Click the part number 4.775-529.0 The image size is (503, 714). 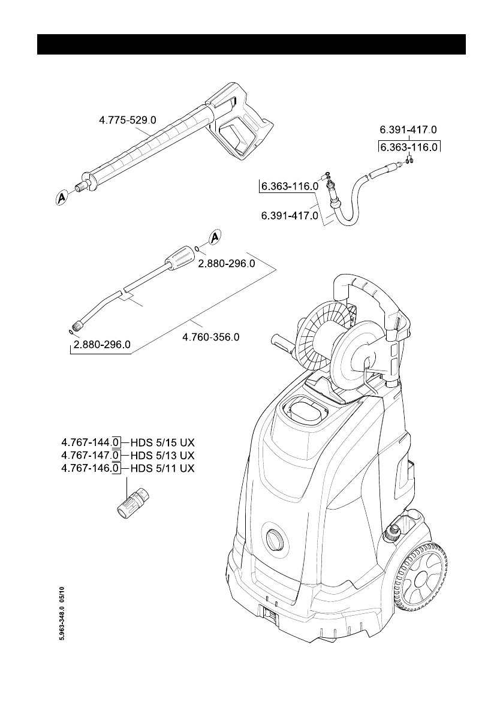[x=128, y=120]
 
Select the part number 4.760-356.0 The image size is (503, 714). [x=211, y=338]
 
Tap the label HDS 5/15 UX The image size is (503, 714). [x=162, y=442]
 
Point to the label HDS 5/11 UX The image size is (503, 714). [x=162, y=468]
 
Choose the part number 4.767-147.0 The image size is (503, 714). [x=90, y=456]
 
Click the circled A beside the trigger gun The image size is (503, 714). [x=62, y=198]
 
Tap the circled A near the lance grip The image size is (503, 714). [x=215, y=237]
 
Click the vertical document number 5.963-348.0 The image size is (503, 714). [x=63, y=613]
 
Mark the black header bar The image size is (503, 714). [x=251, y=44]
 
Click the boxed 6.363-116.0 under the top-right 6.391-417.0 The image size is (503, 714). [x=408, y=147]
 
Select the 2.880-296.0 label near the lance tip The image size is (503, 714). [x=102, y=345]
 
